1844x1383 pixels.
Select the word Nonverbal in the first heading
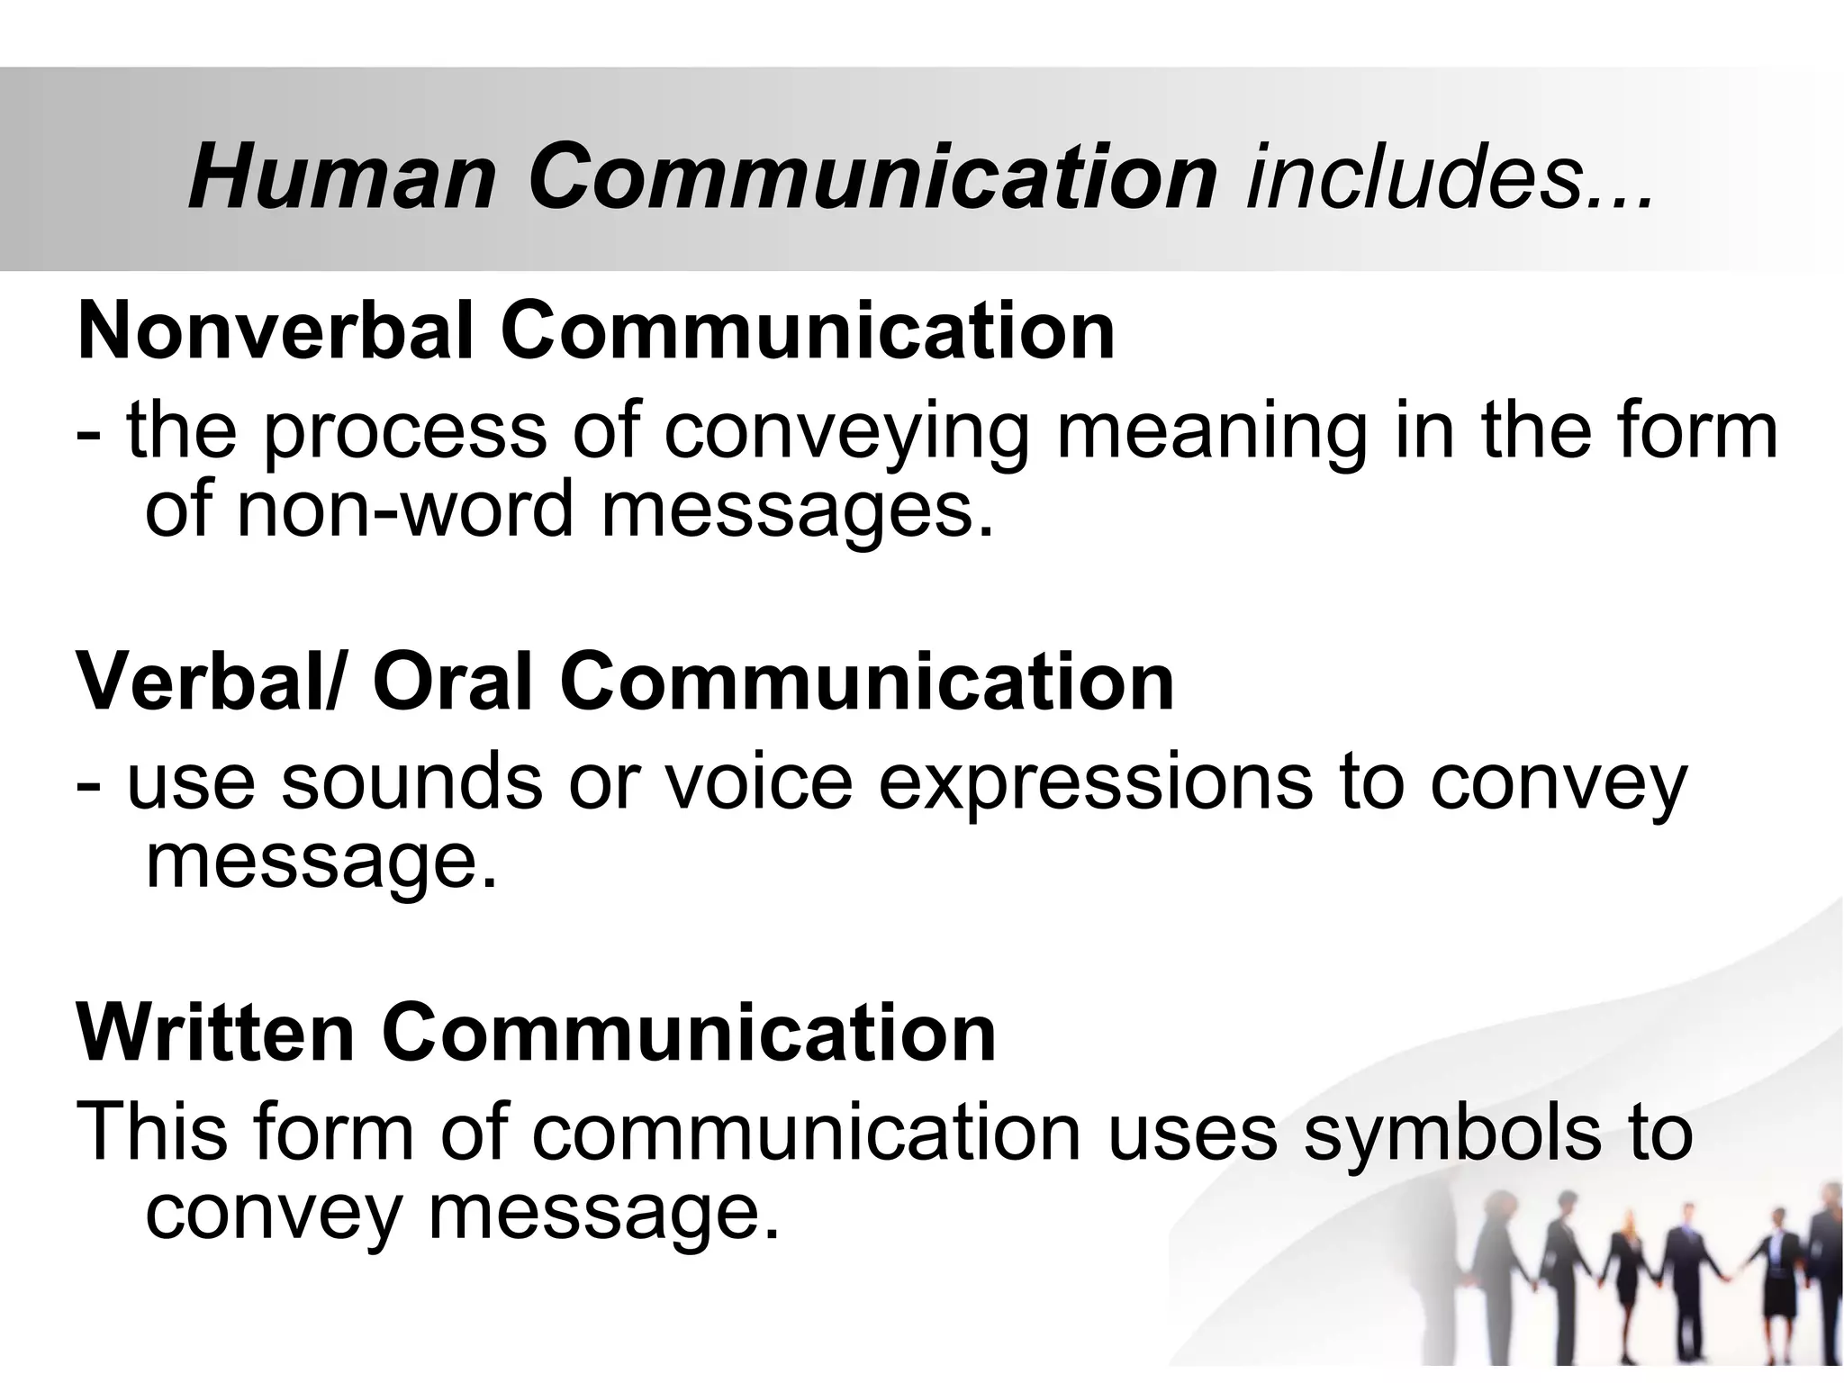point(276,331)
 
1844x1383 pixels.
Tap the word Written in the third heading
point(216,1033)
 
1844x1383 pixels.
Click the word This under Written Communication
point(153,1133)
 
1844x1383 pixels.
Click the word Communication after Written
point(689,1033)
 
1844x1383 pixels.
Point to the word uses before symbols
point(1192,1133)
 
